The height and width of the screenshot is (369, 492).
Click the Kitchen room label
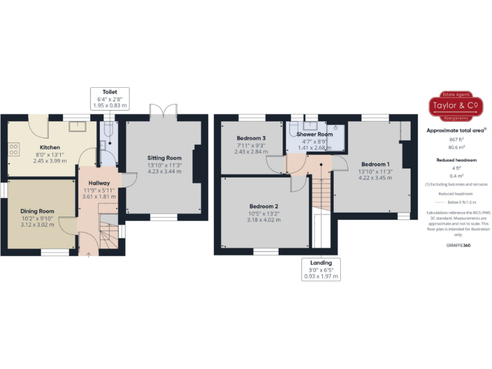(x=49, y=147)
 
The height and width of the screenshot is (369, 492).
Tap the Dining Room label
(x=37, y=211)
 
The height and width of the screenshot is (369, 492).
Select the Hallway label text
(x=99, y=183)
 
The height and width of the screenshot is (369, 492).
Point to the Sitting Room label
(x=165, y=158)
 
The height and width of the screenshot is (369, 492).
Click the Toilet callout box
(x=110, y=98)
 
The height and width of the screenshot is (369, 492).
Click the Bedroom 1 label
(x=373, y=165)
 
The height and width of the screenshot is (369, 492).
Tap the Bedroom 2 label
(x=263, y=206)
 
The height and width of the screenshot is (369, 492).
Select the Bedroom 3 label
(x=250, y=138)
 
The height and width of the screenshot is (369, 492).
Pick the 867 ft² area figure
(x=456, y=140)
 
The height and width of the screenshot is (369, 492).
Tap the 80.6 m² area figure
(x=456, y=147)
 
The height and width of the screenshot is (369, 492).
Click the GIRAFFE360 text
(x=456, y=245)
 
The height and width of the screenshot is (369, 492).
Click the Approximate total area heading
(x=456, y=130)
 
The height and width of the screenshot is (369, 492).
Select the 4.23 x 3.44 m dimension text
(x=165, y=172)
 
